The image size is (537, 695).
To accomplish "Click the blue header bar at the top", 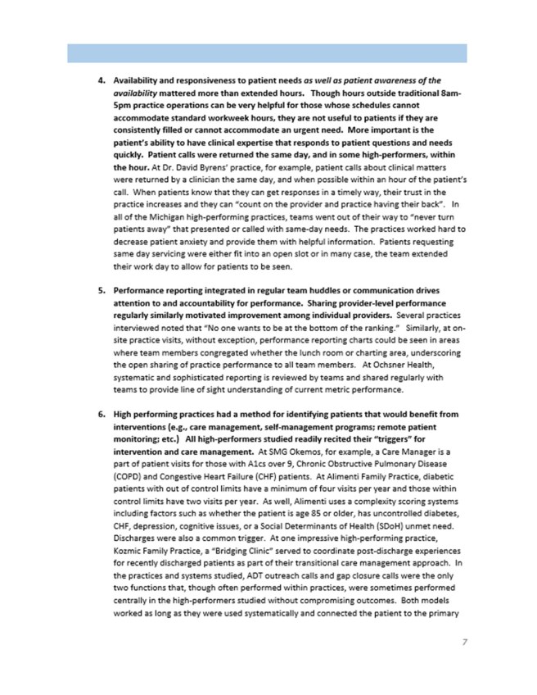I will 268,53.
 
